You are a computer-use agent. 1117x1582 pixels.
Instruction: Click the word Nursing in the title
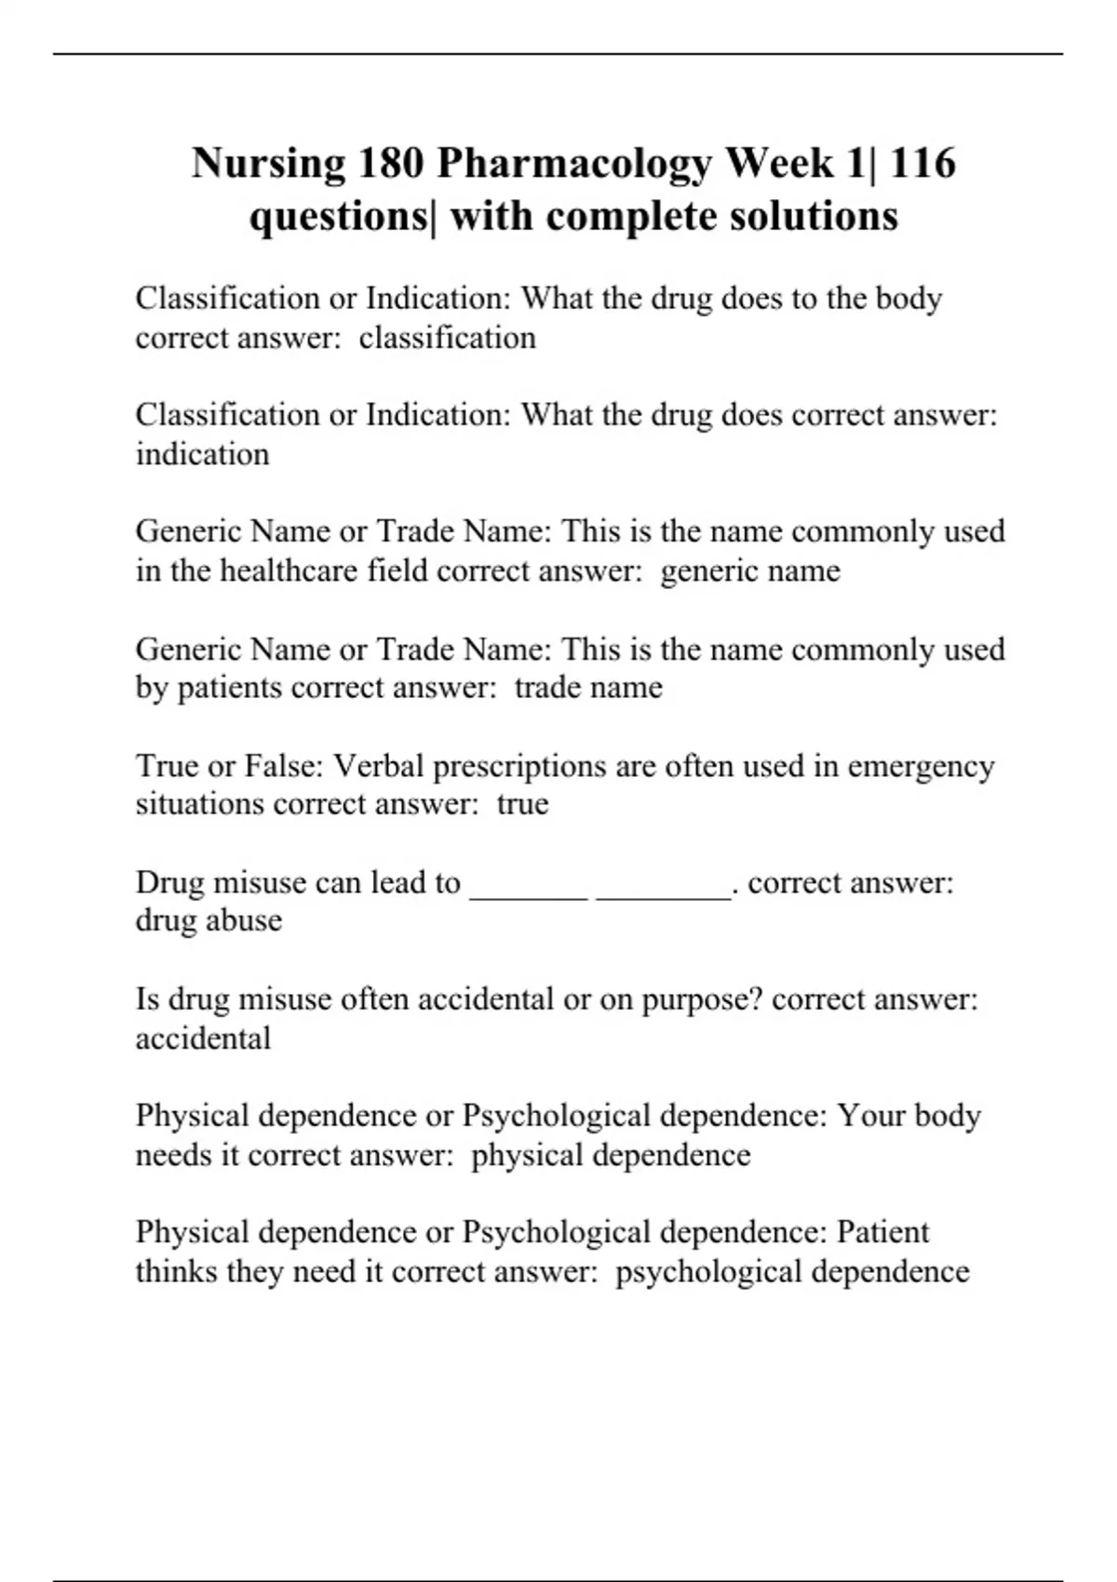tap(268, 165)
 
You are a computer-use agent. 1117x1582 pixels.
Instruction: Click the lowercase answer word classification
tap(447, 338)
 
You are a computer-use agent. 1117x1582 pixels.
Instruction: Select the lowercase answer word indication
tap(202, 454)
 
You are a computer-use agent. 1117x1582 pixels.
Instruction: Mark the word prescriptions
tap(520, 766)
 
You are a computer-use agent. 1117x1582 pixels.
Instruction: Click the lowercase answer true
tap(522, 804)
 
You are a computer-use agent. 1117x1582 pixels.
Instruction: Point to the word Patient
tap(882, 1232)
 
